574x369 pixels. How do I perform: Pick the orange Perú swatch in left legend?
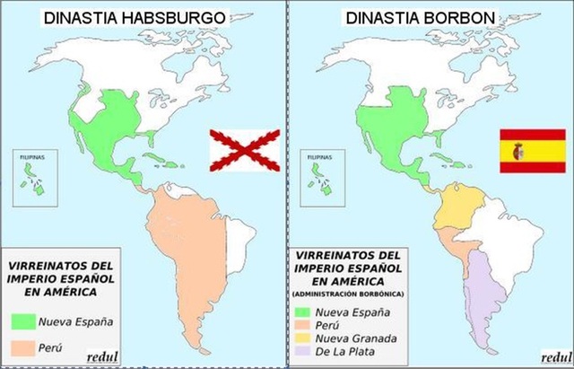click(23, 347)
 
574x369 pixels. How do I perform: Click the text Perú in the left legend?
click(52, 347)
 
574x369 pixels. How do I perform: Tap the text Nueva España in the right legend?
click(351, 312)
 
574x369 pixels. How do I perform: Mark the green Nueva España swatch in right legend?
click(302, 312)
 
